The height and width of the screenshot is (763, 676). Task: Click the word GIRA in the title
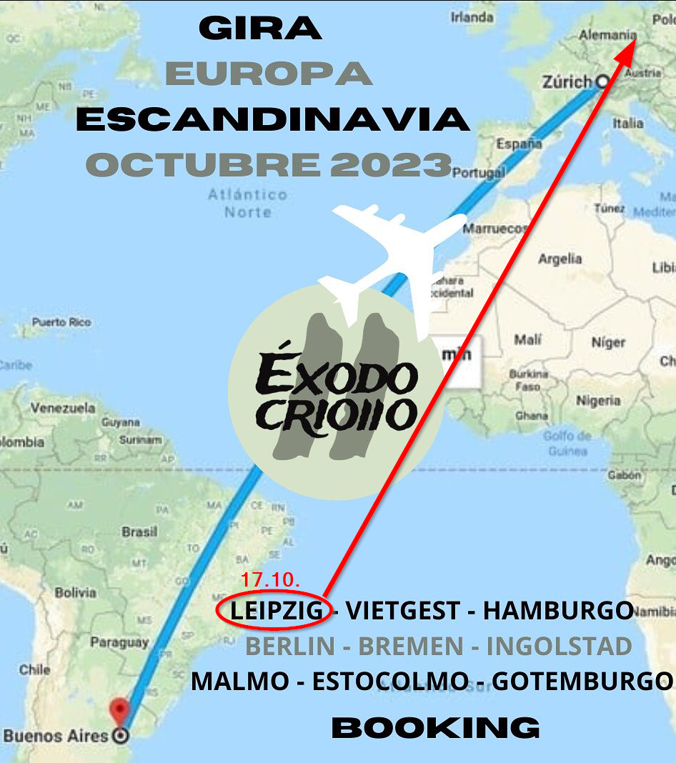[x=260, y=29]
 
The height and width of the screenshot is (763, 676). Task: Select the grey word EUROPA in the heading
[x=269, y=74]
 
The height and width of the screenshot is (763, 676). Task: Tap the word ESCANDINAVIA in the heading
[x=272, y=119]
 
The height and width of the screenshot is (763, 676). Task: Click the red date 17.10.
[x=269, y=579]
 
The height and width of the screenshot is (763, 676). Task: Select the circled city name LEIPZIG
[x=276, y=611]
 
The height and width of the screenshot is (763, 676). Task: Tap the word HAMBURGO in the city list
[x=558, y=611]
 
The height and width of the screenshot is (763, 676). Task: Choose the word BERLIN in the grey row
[x=289, y=647]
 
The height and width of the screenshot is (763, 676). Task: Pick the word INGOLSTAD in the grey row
[x=559, y=647]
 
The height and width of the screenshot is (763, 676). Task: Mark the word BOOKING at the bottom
[x=436, y=728]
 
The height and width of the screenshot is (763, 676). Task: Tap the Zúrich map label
[x=567, y=83]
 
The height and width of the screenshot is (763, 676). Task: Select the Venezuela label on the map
[x=62, y=409]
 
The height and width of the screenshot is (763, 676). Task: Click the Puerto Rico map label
[x=61, y=322]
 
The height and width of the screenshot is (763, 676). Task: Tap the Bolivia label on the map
[x=75, y=592]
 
